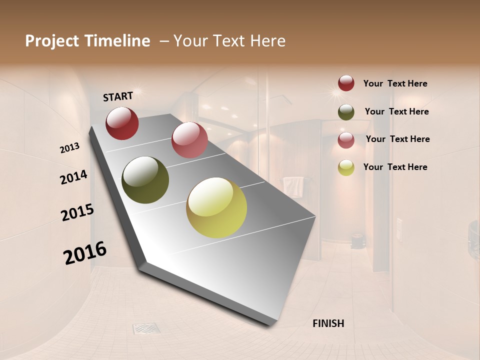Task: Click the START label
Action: tap(118, 96)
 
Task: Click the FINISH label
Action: tap(328, 323)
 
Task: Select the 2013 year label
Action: tap(70, 147)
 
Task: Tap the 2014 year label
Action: tap(74, 177)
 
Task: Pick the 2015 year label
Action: tap(77, 212)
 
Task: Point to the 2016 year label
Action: tap(85, 252)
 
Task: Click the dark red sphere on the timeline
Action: tap(122, 123)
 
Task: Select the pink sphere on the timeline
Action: tap(189, 140)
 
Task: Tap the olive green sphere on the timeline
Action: tap(145, 180)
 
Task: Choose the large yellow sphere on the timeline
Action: tap(216, 207)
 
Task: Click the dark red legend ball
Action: tap(346, 83)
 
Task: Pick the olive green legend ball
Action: tap(346, 112)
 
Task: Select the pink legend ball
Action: tap(346, 140)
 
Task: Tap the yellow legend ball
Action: tap(346, 167)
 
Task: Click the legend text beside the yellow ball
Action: tap(395, 167)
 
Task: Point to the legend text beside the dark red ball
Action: tap(395, 84)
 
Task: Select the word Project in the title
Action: tap(52, 41)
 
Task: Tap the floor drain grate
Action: tap(146, 328)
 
